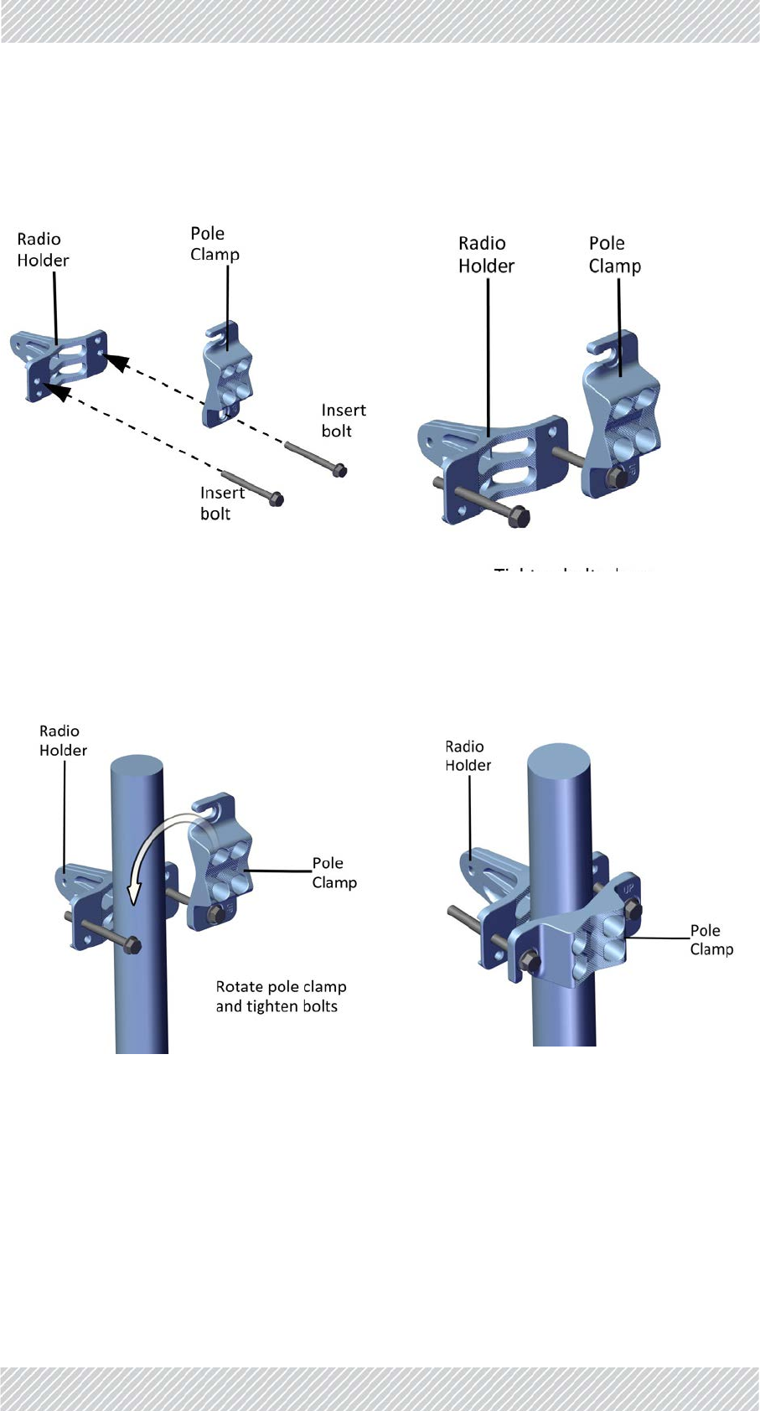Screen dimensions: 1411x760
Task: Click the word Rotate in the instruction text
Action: coord(239,987)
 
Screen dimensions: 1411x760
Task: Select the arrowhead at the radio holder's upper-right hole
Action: coord(117,362)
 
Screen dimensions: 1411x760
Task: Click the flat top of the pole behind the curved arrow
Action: coord(137,768)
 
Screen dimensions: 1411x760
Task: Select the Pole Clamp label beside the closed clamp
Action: coord(711,939)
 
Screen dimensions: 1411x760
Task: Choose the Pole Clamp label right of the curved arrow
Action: coord(334,872)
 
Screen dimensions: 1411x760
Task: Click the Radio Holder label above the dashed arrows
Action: coord(43,250)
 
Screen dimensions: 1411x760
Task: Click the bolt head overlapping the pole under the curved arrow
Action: coord(132,947)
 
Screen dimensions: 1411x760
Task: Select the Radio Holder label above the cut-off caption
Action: coord(486,255)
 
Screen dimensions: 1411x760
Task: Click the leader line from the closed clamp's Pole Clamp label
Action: coord(658,938)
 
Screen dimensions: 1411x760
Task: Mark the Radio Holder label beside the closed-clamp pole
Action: coord(468,756)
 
